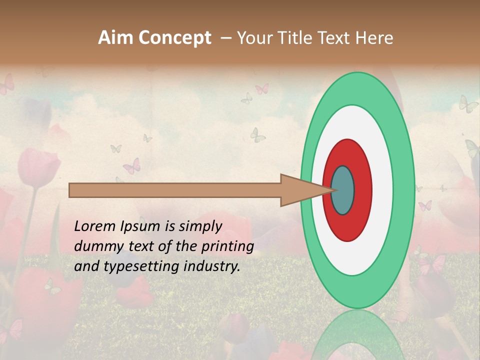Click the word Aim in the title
[x=116, y=38]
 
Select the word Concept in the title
[x=174, y=38]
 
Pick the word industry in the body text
[x=211, y=266]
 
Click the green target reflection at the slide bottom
[x=357, y=335]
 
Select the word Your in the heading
[x=254, y=38]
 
